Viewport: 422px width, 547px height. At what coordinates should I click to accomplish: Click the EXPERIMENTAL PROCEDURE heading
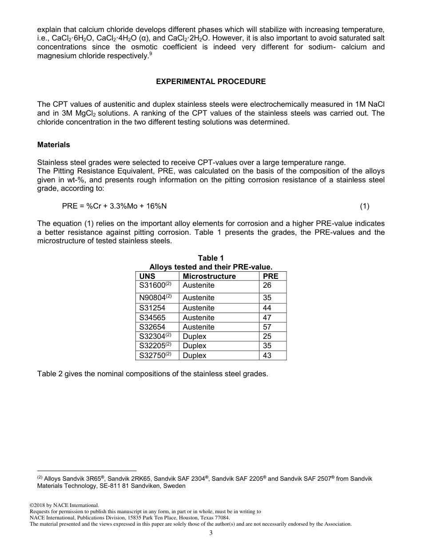(x=211, y=82)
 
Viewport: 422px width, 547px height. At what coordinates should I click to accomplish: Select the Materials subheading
(x=53, y=145)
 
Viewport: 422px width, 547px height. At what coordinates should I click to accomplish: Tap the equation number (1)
(x=364, y=206)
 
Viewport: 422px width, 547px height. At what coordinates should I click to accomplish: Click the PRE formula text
(x=115, y=206)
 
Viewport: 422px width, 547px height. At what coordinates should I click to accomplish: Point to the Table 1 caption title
(x=211, y=258)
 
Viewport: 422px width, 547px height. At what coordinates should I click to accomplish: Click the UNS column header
(x=147, y=276)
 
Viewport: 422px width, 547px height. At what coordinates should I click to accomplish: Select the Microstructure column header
(x=209, y=276)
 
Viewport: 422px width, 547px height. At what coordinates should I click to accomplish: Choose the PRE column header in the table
(x=271, y=276)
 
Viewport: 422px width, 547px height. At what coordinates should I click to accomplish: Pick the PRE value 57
(x=267, y=327)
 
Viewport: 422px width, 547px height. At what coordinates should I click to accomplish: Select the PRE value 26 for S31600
(x=267, y=286)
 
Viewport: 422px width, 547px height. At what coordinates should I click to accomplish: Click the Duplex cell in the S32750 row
(x=195, y=355)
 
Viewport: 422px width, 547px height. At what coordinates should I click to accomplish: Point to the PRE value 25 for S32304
(x=267, y=336)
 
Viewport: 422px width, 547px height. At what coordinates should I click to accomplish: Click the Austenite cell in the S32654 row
(x=199, y=327)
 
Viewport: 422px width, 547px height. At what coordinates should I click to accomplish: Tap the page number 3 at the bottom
(x=211, y=533)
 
